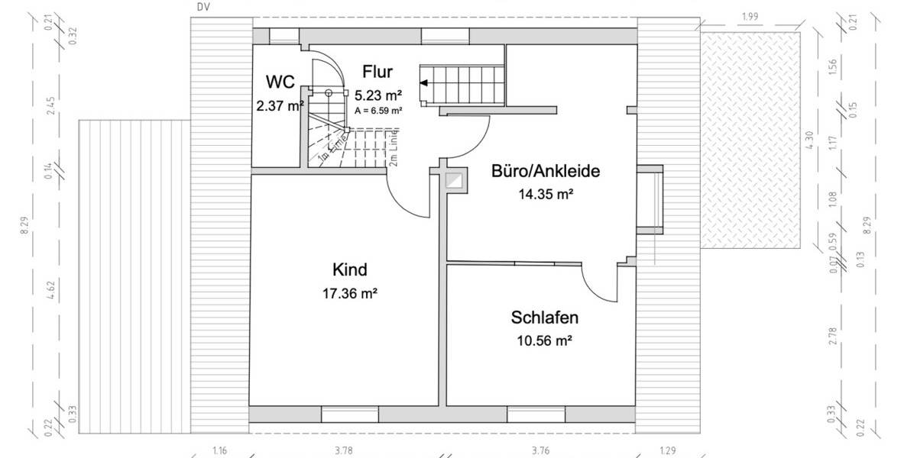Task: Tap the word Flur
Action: (x=377, y=73)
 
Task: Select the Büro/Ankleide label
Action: (x=545, y=171)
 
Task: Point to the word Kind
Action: (x=350, y=269)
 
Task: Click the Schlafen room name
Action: (x=545, y=318)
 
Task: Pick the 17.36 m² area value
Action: (x=350, y=292)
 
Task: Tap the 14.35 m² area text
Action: (x=545, y=194)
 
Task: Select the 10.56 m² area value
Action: (x=545, y=340)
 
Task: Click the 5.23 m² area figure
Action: (x=378, y=95)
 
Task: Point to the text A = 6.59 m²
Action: (x=378, y=111)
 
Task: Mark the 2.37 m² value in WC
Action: (x=280, y=106)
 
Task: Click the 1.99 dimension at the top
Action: (x=750, y=16)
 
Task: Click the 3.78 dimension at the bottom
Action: (x=344, y=451)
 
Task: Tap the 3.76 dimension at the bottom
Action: (x=540, y=451)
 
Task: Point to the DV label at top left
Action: (x=203, y=6)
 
